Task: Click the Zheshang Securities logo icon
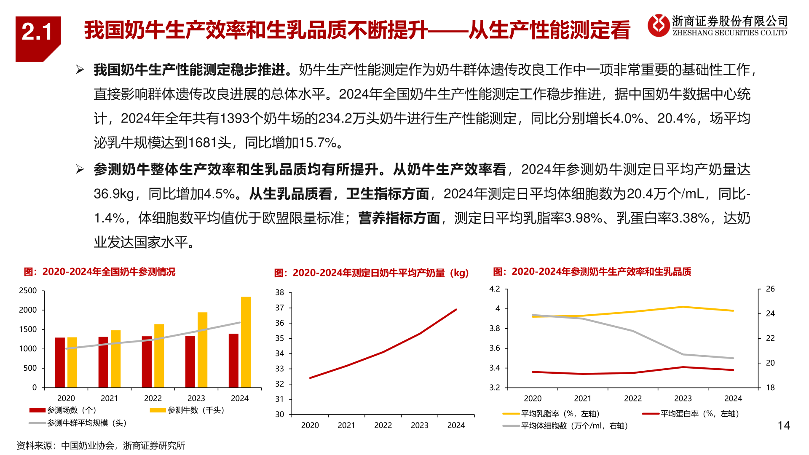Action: [658, 25]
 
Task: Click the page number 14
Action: [784, 426]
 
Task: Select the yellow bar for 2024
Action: [246, 342]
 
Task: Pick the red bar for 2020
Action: [60, 362]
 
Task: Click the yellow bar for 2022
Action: [159, 356]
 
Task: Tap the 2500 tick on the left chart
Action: [28, 291]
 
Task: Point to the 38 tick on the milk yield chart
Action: [280, 292]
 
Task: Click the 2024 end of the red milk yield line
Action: [456, 310]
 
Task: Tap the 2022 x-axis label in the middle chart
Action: [383, 426]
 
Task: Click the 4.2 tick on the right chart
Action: [494, 289]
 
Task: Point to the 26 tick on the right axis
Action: [770, 289]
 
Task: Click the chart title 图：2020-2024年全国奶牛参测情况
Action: [99, 272]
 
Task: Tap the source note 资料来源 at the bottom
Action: [101, 446]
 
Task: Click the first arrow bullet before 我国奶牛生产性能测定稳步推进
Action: [80, 70]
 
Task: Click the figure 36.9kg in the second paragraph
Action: [114, 194]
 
